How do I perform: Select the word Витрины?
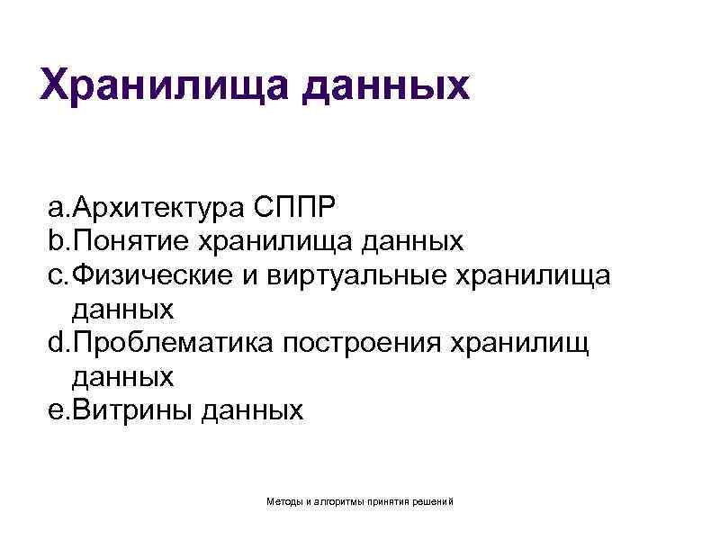point(133,411)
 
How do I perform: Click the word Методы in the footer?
point(285,499)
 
